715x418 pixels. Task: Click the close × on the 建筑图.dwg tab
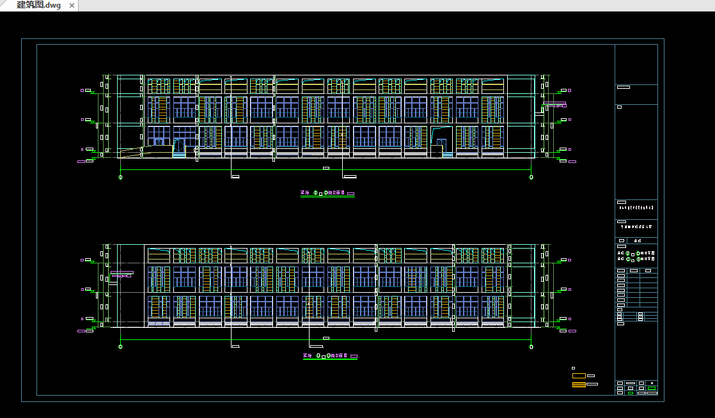click(71, 6)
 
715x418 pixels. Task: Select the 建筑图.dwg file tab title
click(39, 6)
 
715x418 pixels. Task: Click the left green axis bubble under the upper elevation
click(121, 177)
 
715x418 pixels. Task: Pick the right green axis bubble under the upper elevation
click(531, 177)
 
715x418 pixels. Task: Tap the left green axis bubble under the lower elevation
click(121, 346)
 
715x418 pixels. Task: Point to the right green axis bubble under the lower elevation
click(531, 346)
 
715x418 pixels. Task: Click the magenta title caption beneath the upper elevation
click(327, 192)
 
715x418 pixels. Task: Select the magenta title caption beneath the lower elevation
click(329, 356)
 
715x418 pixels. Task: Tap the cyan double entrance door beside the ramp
click(179, 148)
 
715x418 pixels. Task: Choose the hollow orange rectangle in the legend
click(579, 376)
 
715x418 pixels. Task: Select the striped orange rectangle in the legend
click(579, 385)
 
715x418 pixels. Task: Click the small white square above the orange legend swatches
click(573, 368)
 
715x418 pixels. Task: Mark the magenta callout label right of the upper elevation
click(554, 104)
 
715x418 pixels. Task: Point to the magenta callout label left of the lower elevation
click(122, 274)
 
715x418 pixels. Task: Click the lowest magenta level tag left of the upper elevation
click(81, 162)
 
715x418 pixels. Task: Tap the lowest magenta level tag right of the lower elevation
click(572, 331)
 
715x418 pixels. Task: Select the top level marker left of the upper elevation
click(83, 91)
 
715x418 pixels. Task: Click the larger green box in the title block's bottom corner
click(651, 388)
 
